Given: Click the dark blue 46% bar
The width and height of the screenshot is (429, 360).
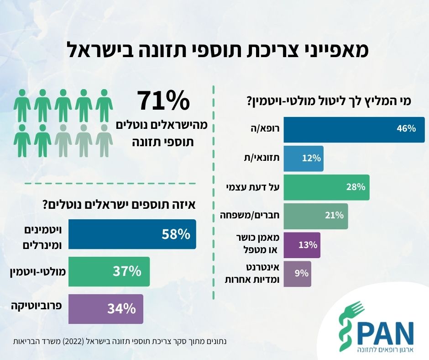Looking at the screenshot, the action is [354, 130].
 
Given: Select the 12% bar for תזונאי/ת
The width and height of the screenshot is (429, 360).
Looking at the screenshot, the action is [303, 159].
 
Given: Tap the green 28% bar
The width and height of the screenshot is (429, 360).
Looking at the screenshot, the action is [326, 187].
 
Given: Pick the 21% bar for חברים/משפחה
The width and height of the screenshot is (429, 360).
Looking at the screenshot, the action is [316, 216].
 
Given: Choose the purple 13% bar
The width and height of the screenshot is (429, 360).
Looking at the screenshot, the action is [302, 245].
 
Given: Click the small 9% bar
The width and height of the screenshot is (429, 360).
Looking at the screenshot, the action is [297, 274].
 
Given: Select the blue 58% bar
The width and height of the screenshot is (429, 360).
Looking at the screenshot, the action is [132, 234].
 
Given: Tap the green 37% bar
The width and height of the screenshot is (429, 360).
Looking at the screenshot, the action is [109, 271].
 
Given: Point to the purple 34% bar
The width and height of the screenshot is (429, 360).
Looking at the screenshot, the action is [105, 309].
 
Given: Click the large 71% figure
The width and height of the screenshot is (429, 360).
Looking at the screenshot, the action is [163, 101].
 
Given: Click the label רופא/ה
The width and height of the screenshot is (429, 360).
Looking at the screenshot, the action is [265, 128].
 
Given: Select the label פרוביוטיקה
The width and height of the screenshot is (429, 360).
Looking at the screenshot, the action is [37, 306].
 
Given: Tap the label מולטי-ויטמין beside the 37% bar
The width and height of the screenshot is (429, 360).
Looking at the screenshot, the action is [38, 272].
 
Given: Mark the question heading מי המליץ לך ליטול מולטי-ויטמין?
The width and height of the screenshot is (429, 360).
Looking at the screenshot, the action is [329, 101].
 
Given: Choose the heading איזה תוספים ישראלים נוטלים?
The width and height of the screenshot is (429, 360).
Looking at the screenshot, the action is [119, 205].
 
